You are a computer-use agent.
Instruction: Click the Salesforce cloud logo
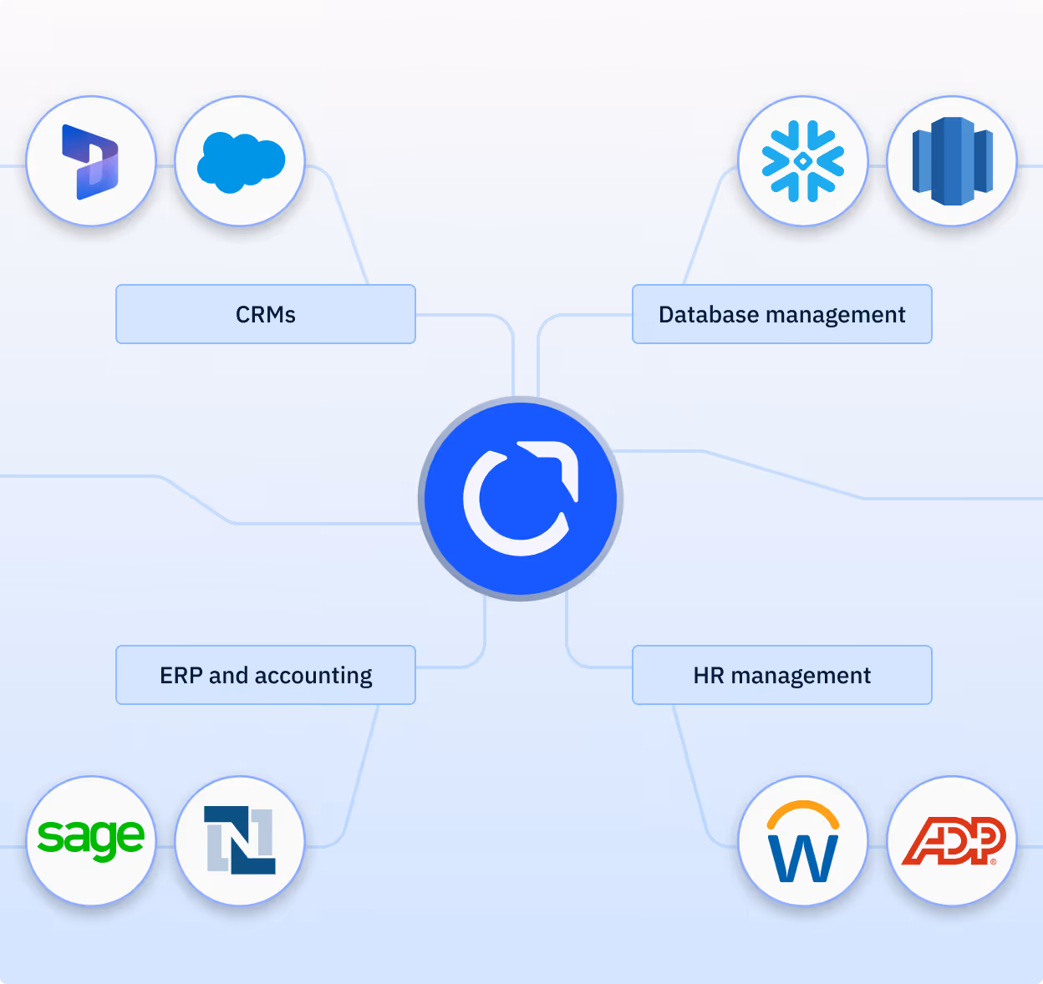coord(240,161)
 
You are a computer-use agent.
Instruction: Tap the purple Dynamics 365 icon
coord(91,161)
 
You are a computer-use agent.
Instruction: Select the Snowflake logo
coord(803,161)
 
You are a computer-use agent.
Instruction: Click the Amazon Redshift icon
coord(952,161)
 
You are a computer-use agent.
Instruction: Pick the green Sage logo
coord(91,839)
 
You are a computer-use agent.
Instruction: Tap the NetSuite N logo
coord(240,840)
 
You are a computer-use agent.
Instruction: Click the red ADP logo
coord(952,840)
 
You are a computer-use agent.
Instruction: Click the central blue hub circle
coord(521,499)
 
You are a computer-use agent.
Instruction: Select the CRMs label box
coord(266,314)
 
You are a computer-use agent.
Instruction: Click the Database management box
coord(781,314)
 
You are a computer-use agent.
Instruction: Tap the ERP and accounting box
coord(266,675)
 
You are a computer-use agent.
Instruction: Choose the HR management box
coord(781,675)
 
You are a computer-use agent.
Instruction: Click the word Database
coord(708,314)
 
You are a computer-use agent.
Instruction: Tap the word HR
coord(709,675)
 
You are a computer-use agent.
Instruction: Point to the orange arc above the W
coord(803,809)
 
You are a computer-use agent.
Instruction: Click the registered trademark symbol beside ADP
coord(993,861)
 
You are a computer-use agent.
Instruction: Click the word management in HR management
coord(801,676)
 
